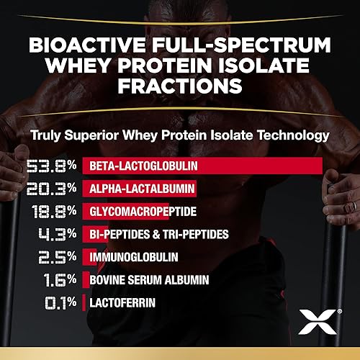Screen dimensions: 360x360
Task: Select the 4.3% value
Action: (57, 235)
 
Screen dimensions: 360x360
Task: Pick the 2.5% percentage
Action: (57, 257)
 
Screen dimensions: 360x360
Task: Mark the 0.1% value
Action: (57, 302)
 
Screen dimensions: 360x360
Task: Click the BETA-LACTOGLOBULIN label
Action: (144, 167)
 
